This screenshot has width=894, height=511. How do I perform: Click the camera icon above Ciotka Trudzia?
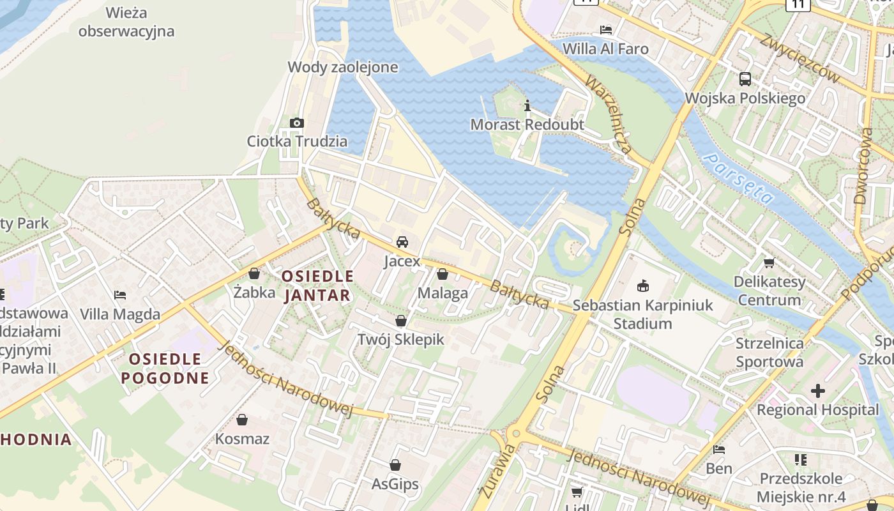(297, 123)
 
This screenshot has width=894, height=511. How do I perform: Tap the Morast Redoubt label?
(527, 125)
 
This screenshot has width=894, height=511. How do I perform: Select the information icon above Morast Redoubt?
(527, 106)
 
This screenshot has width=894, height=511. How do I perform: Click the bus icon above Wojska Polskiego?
(745, 79)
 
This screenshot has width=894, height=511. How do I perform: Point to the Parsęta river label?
(738, 179)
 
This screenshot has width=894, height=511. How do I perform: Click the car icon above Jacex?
(402, 242)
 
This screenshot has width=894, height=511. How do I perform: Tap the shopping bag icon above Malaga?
(443, 275)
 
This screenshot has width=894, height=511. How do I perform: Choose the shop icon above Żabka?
(254, 274)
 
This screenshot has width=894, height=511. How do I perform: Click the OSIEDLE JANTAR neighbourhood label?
(317, 286)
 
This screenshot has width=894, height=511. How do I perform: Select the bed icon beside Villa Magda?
(120, 295)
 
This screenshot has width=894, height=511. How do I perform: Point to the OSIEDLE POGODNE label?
(165, 369)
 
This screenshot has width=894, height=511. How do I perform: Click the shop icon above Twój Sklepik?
(401, 321)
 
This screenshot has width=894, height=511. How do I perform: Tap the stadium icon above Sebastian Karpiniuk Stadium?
(642, 286)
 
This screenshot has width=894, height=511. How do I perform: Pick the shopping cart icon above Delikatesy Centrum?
(769, 263)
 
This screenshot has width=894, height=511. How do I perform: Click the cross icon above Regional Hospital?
(817, 391)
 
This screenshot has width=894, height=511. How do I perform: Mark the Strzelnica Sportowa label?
(769, 353)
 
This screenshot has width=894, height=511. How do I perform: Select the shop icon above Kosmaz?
(242, 420)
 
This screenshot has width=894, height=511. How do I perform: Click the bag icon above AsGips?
(395, 466)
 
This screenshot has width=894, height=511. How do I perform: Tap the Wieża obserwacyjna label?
(126, 22)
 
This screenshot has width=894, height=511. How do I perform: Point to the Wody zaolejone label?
(343, 67)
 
